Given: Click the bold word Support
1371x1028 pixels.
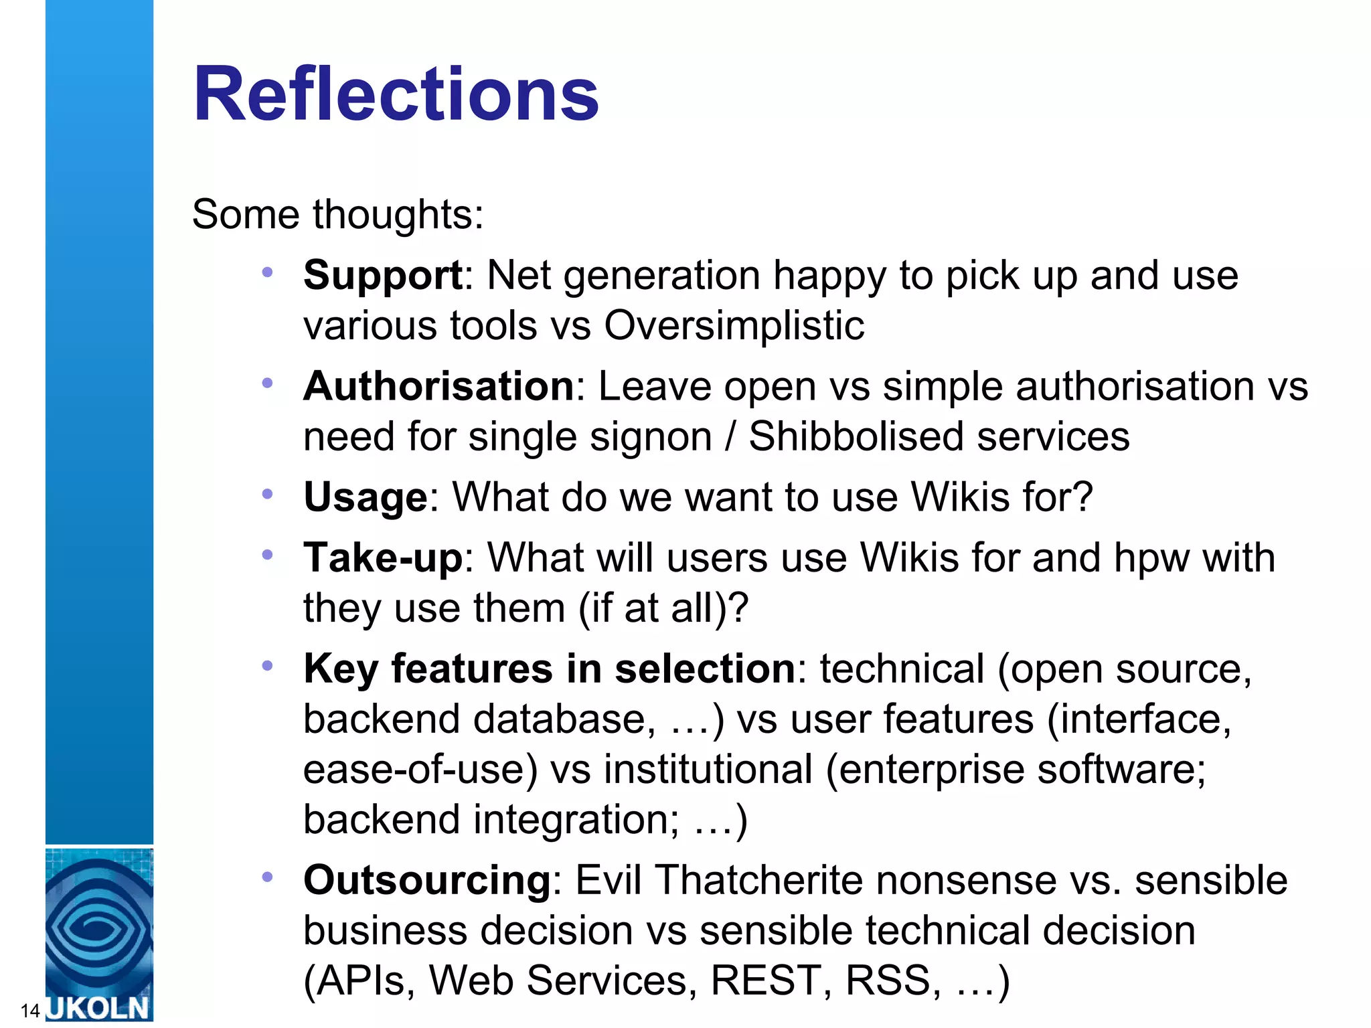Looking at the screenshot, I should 382,275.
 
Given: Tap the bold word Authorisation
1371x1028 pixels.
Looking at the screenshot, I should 438,386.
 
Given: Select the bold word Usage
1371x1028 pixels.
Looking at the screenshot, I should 365,497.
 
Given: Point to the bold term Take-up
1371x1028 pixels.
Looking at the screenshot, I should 382,558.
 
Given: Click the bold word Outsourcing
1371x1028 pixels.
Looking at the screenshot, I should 426,880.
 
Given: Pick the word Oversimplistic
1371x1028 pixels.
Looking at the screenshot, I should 734,326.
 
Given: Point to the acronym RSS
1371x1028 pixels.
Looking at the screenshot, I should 888,980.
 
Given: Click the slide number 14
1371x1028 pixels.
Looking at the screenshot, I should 30,1010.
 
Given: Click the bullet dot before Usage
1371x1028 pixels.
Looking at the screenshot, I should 268,495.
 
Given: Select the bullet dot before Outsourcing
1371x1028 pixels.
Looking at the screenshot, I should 268,877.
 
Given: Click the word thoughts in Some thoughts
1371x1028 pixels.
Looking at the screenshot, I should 398,215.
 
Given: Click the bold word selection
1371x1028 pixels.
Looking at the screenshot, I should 704,669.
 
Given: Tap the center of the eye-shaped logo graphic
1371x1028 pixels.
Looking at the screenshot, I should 99,928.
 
